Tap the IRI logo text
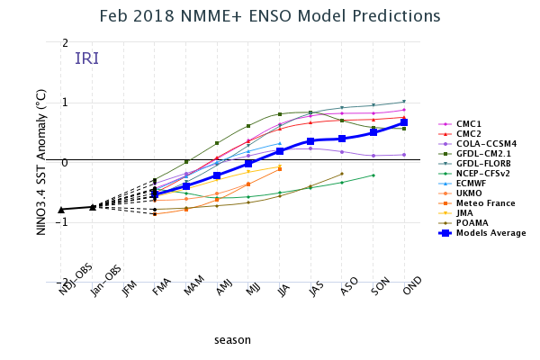click(x=87, y=58)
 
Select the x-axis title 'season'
click(x=232, y=339)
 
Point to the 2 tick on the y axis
click(x=65, y=43)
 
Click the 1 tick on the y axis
click(x=65, y=103)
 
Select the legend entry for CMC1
click(x=469, y=123)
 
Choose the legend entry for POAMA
click(x=471, y=222)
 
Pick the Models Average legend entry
click(x=490, y=232)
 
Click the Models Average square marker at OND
click(x=404, y=122)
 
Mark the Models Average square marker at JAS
click(x=310, y=140)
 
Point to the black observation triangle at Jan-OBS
click(x=93, y=207)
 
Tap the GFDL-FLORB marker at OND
click(x=404, y=102)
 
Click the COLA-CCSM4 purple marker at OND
click(x=404, y=155)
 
